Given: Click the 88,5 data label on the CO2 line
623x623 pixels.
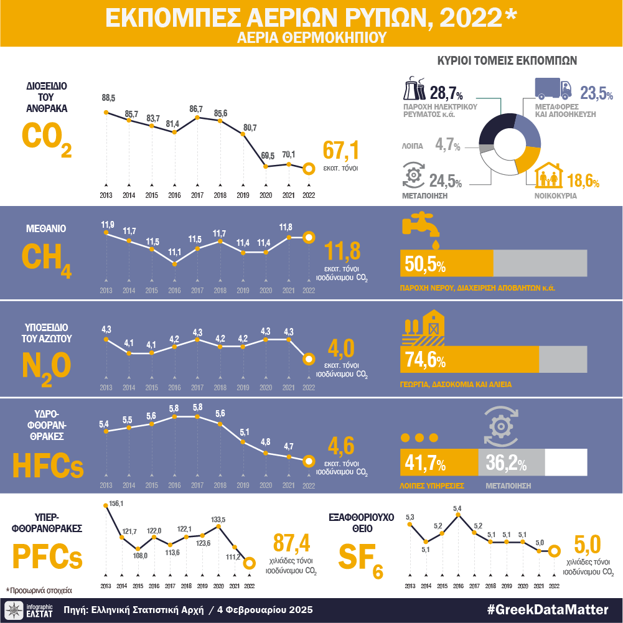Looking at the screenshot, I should point(108,98).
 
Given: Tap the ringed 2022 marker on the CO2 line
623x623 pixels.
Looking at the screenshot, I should point(308,169).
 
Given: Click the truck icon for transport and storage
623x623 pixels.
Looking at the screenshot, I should point(554,89).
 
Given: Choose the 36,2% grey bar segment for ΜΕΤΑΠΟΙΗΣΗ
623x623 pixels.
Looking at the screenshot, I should point(512,464).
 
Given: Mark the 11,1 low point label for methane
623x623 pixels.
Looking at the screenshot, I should point(174,251).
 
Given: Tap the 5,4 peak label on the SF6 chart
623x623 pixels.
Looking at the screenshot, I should point(457,508).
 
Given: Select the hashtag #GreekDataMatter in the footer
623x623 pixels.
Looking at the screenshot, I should point(548,609).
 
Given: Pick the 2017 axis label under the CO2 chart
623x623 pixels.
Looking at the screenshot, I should point(197,195).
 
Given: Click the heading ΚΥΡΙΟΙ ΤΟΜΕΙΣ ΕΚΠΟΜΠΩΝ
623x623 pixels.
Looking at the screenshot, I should point(507,61).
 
